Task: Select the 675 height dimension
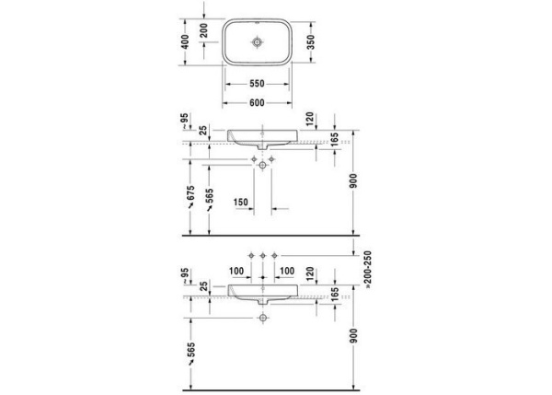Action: (x=190, y=193)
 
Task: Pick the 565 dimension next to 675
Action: (x=211, y=199)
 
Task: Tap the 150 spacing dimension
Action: (x=241, y=203)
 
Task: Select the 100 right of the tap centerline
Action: (x=288, y=271)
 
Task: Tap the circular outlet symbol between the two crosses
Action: (x=264, y=163)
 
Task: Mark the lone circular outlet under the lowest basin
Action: (x=264, y=319)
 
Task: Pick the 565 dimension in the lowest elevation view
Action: (x=190, y=354)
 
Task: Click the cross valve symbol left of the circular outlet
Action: (x=253, y=163)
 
